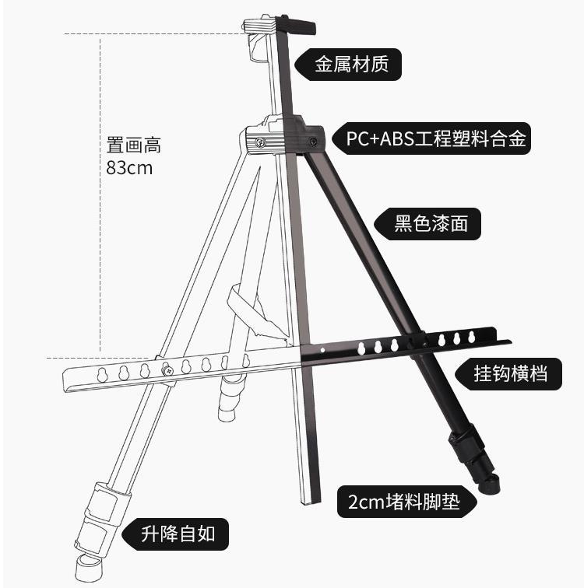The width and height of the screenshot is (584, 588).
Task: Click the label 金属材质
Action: pyautogui.click(x=352, y=64)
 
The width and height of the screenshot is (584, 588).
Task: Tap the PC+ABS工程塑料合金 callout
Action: pyautogui.click(x=437, y=140)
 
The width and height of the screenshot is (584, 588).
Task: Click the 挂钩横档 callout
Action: pyautogui.click(x=510, y=373)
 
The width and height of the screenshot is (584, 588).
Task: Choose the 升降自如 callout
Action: pyautogui.click(x=178, y=534)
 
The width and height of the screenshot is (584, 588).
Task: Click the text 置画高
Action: pyautogui.click(x=133, y=145)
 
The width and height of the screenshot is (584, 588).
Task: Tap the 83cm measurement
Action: pyautogui.click(x=129, y=168)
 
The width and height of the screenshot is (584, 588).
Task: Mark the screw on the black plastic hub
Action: pyautogui.click(x=312, y=142)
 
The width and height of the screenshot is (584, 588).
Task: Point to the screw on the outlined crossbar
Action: pyautogui.click(x=167, y=371)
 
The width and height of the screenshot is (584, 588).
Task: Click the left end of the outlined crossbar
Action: pyautogui.click(x=68, y=379)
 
